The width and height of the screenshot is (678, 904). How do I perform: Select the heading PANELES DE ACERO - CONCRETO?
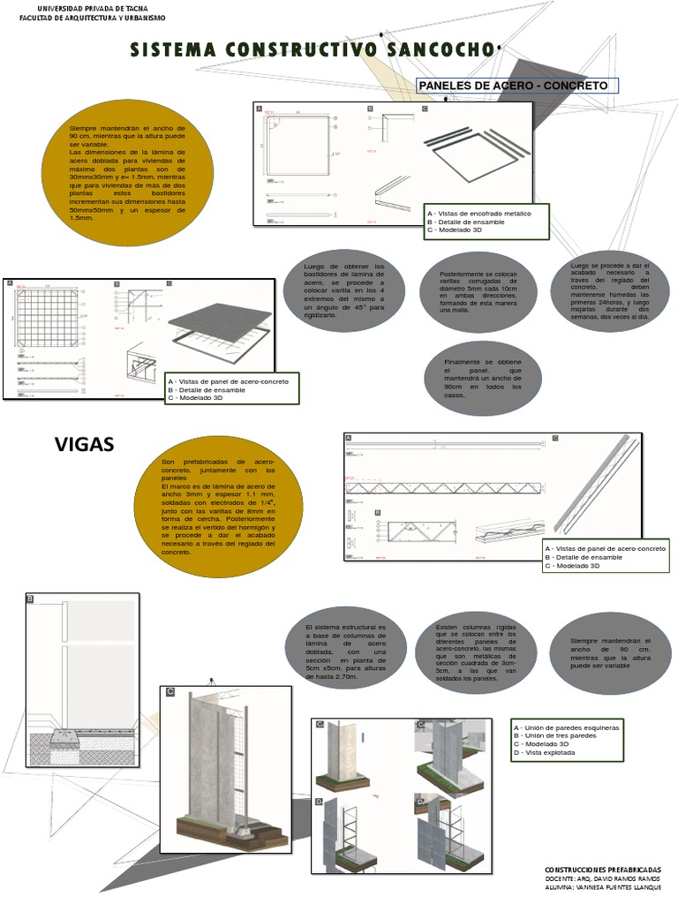tap(513, 86)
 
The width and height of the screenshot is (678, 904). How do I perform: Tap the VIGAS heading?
tap(85, 444)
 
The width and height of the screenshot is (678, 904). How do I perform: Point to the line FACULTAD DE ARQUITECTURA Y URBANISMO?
tap(92, 17)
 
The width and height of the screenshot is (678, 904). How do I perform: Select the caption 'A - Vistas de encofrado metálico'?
tap(479, 214)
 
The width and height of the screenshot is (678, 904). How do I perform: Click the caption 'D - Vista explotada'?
tap(545, 753)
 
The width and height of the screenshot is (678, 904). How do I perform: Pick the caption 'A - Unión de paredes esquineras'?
tap(567, 727)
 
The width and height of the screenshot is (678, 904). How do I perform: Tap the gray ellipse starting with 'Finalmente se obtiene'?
tap(482, 378)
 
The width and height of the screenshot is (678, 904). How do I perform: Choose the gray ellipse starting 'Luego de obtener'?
tap(344, 290)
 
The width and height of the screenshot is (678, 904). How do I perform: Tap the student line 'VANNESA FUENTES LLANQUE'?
tap(615, 890)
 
